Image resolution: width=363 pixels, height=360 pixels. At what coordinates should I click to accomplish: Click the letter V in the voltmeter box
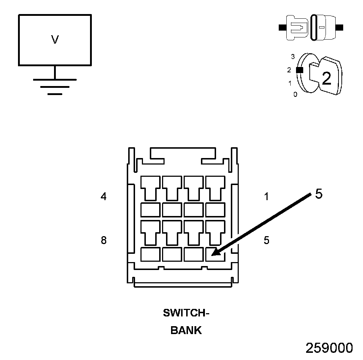[x=55, y=40]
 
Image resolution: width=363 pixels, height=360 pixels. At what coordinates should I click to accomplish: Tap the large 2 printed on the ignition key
[x=326, y=78]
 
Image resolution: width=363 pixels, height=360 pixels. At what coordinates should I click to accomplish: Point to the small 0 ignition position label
[x=295, y=95]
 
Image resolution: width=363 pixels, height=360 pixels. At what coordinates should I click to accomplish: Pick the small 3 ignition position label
[x=293, y=57]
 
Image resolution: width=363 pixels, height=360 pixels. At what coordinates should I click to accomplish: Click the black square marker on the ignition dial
[x=299, y=70]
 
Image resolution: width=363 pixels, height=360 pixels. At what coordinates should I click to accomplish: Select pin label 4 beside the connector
[x=104, y=197]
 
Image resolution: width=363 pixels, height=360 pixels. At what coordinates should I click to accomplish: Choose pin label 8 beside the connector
[x=104, y=240]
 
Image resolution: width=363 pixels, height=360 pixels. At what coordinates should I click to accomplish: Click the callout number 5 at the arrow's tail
[x=319, y=194]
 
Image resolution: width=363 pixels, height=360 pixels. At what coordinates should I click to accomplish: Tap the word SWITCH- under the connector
[x=186, y=313]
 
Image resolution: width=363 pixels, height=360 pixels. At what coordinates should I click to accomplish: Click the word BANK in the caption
[x=186, y=330]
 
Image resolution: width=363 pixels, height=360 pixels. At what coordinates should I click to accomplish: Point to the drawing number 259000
[x=329, y=348]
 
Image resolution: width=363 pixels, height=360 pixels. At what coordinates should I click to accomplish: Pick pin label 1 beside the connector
[x=266, y=197]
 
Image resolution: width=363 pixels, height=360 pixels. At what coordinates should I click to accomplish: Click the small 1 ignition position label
[x=290, y=84]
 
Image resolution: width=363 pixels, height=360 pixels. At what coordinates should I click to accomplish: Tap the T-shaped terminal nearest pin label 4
[x=150, y=187]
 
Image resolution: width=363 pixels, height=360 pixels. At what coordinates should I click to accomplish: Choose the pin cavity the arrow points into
[x=215, y=254]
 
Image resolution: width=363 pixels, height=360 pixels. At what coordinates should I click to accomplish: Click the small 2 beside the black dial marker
[x=289, y=70]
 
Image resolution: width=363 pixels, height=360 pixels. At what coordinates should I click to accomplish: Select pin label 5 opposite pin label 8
[x=266, y=240]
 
